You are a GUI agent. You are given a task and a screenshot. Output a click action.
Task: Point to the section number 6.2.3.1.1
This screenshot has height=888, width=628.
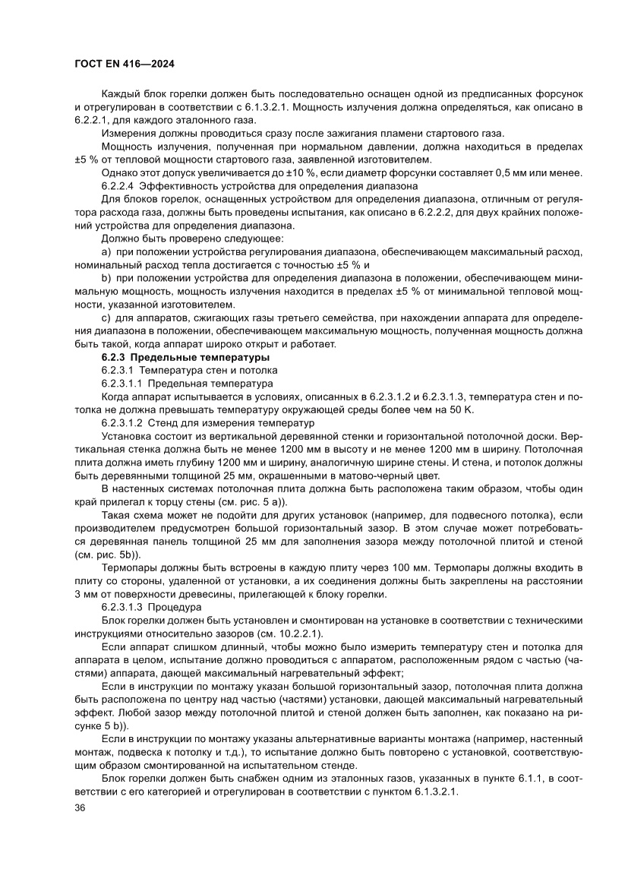pyautogui.click(x=121, y=384)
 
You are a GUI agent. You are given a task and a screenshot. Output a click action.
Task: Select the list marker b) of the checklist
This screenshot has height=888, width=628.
pyautogui.click(x=106, y=277)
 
